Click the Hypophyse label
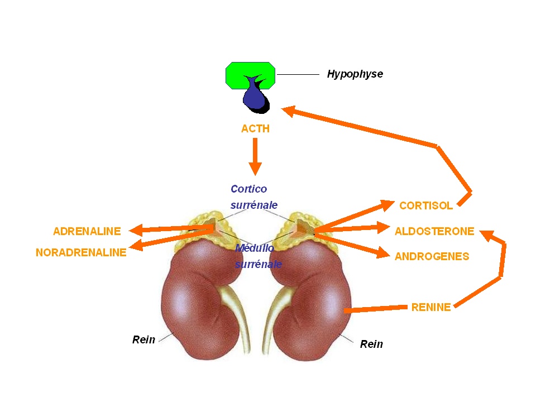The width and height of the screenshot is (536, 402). (355, 74)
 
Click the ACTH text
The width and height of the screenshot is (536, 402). (255, 129)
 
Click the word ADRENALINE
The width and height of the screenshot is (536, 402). (87, 231)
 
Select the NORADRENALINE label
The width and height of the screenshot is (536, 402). (81, 252)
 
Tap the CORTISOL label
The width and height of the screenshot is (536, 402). (426, 206)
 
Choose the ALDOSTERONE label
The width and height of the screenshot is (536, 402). (434, 231)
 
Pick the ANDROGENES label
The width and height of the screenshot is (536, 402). (432, 257)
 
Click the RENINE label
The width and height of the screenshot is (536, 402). (430, 307)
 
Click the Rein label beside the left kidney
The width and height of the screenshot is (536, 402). (143, 339)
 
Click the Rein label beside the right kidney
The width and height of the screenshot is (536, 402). (371, 344)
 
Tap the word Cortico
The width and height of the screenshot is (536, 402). (248, 189)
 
